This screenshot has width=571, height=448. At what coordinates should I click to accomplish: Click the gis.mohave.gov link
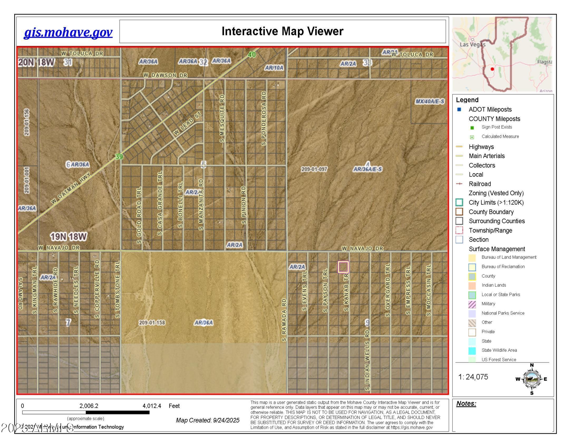[68, 32]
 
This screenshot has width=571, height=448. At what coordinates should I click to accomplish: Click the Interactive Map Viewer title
[282, 31]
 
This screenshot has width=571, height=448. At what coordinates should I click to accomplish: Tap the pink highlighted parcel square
[343, 267]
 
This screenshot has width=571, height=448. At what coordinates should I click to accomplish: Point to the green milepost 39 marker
[119, 157]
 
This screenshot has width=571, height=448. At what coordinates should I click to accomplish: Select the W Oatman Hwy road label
[71, 188]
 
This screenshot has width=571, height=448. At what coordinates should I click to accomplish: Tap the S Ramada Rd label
[284, 320]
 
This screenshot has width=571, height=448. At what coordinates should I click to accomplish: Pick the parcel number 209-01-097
[314, 169]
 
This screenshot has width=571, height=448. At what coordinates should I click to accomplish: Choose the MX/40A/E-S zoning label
[430, 101]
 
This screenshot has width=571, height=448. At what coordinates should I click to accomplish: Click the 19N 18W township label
[68, 237]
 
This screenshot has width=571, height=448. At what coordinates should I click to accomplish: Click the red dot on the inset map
[492, 69]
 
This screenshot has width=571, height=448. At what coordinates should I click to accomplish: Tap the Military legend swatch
[472, 304]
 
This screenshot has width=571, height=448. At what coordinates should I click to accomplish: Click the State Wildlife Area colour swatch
[472, 351]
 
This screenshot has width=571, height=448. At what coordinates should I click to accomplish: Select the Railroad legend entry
[480, 184]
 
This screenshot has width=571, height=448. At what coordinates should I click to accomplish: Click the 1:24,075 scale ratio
[473, 377]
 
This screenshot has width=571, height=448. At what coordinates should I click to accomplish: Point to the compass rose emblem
[532, 379]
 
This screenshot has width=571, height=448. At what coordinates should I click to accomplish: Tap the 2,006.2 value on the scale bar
[89, 406]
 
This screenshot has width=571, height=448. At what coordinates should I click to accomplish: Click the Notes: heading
[466, 403]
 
